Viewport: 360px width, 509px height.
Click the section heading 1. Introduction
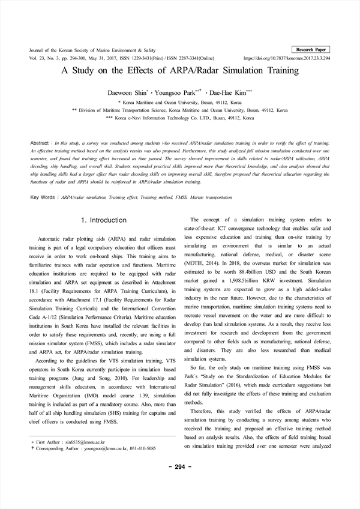click(103, 220)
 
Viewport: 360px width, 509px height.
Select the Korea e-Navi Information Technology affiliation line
click(180, 119)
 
